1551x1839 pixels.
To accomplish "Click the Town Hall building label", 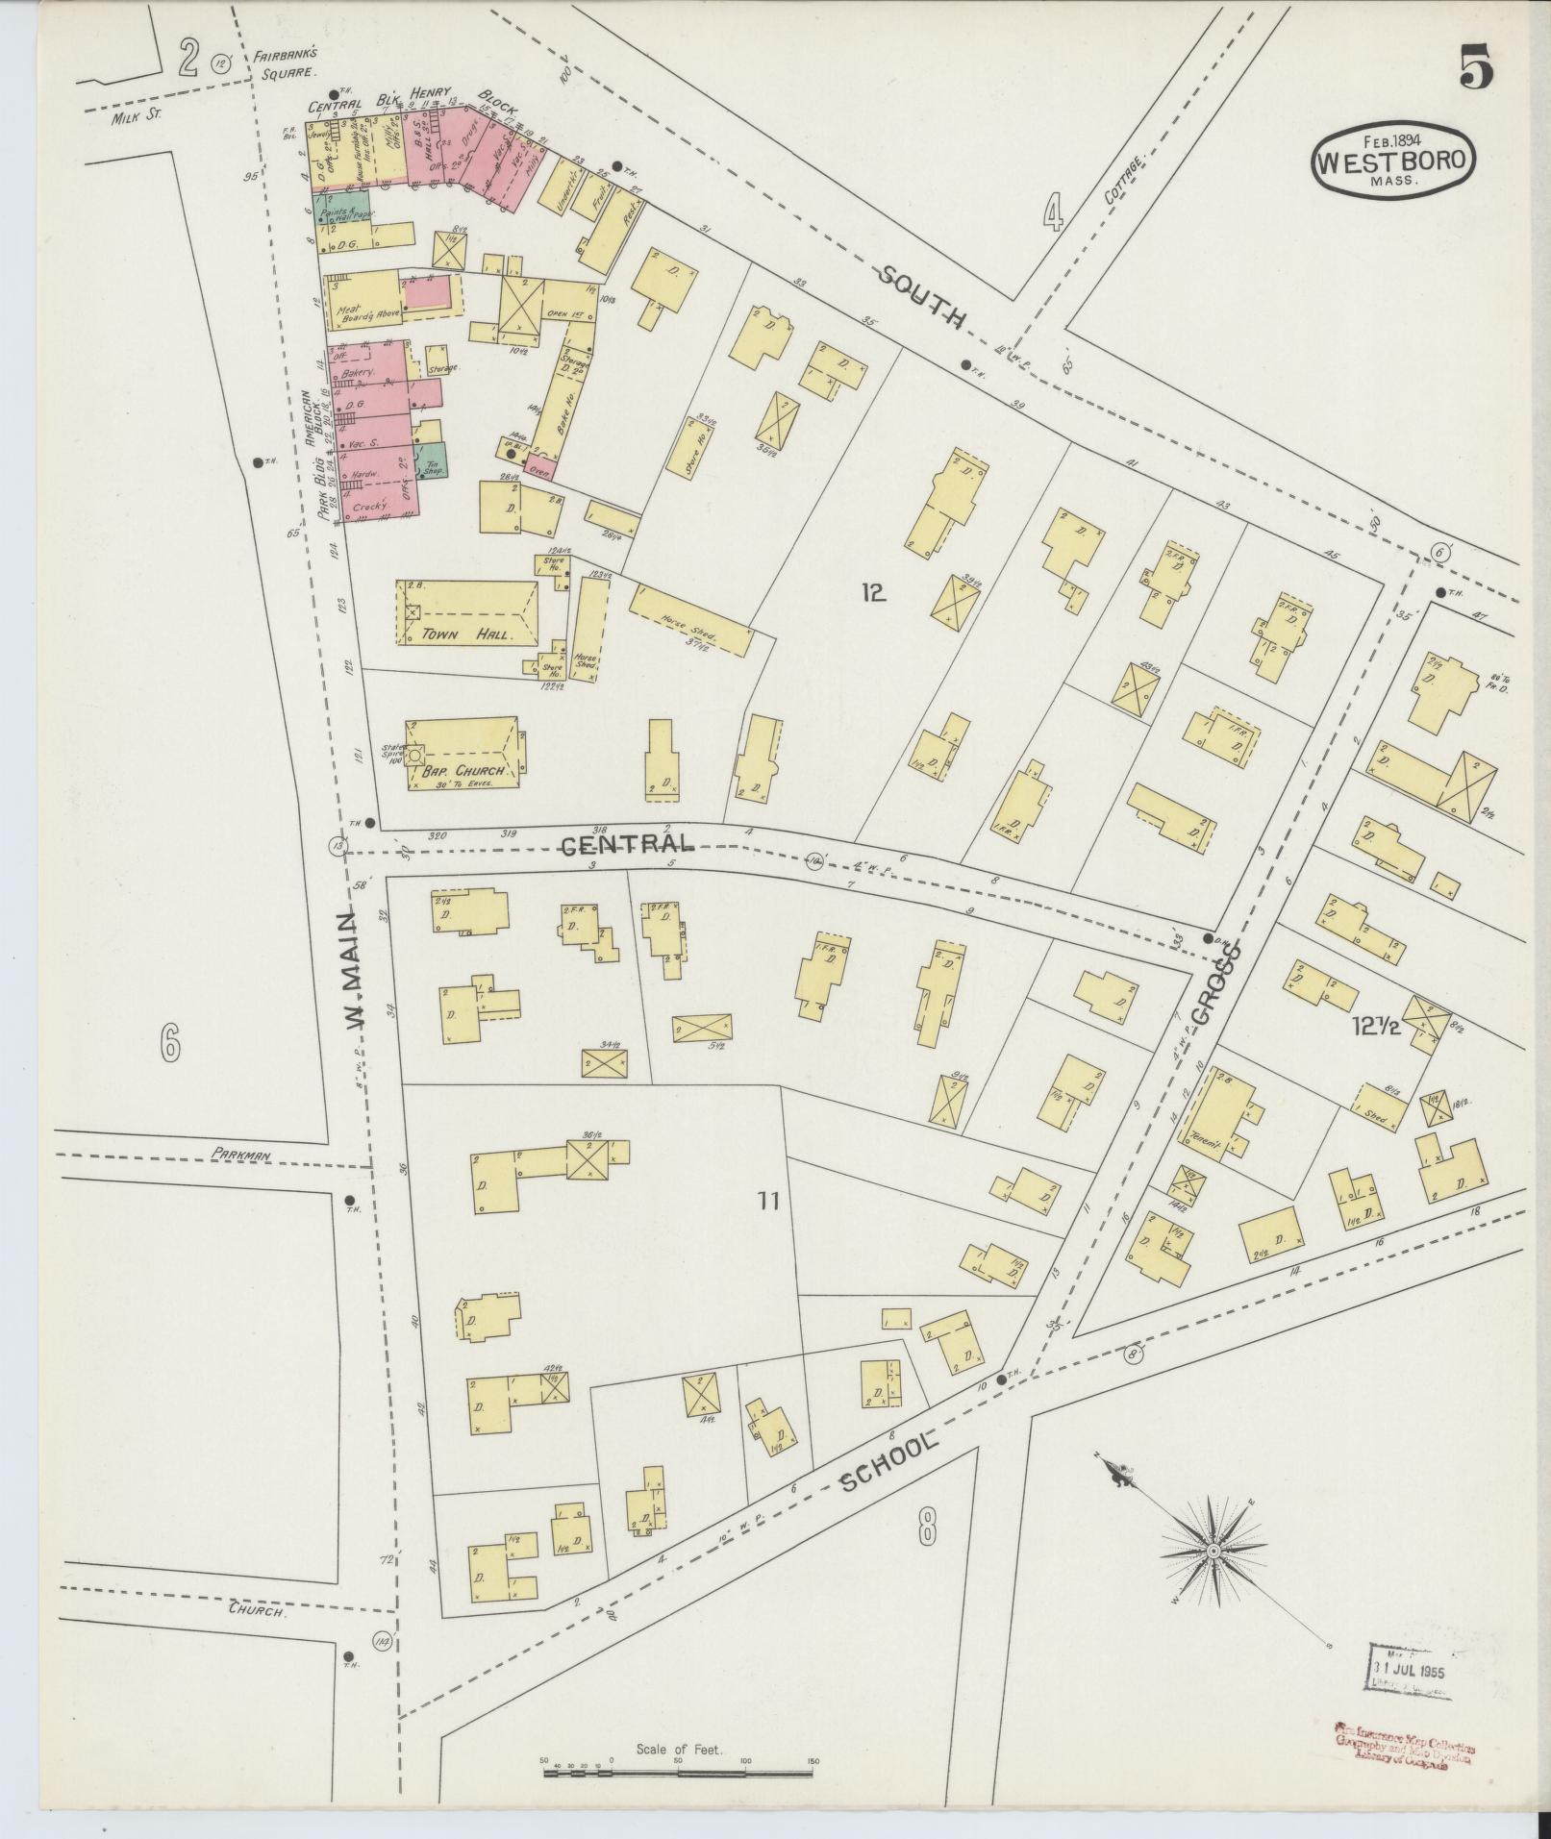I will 466,635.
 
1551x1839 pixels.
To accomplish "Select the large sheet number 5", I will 1476,68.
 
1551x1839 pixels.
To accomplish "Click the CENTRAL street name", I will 627,845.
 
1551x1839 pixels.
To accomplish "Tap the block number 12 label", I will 872,594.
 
